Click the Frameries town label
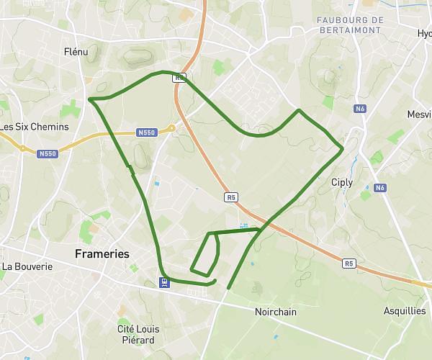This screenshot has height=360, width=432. pyautogui.click(x=102, y=254)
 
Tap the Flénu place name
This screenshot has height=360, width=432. pyautogui.click(x=76, y=52)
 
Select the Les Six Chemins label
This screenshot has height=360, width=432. pyautogui.click(x=35, y=127)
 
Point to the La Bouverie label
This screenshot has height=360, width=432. pyautogui.click(x=27, y=266)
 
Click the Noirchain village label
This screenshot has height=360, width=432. pyautogui.click(x=276, y=312)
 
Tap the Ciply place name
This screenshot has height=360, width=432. pyautogui.click(x=341, y=182)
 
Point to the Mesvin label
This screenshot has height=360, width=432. pyautogui.click(x=418, y=114)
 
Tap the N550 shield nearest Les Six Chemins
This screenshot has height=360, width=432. pyautogui.click(x=48, y=153)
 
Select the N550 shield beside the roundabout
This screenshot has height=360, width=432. pyautogui.click(x=146, y=132)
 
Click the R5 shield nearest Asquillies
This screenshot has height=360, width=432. pyautogui.click(x=349, y=264)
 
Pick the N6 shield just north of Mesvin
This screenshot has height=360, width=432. pyautogui.click(x=360, y=109)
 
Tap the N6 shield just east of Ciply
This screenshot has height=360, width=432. pyautogui.click(x=380, y=188)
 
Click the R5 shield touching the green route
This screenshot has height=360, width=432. pyautogui.click(x=179, y=76)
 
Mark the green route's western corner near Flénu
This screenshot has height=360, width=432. pyautogui.click(x=89, y=99)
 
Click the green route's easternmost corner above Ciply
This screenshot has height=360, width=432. pyautogui.click(x=343, y=149)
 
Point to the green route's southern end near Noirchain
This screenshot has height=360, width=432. pyautogui.click(x=228, y=289)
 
